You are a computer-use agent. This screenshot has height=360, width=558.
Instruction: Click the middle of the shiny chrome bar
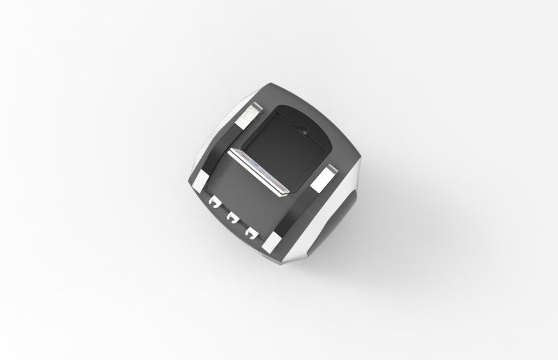point(259,171)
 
